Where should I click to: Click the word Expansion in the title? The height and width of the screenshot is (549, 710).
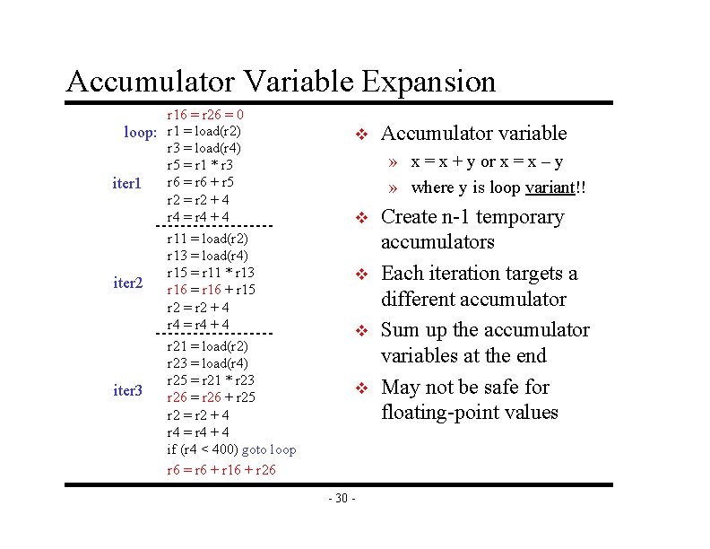(429, 82)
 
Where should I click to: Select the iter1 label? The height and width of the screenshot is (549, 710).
(127, 183)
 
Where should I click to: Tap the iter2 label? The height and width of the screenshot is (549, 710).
(127, 283)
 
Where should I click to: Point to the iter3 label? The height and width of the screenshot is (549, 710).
(127, 389)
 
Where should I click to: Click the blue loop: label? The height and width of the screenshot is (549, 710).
(141, 132)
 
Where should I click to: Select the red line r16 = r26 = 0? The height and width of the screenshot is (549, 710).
(206, 115)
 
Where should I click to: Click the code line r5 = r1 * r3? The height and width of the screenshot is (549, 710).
(200, 165)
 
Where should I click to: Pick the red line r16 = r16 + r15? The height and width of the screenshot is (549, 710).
(211, 290)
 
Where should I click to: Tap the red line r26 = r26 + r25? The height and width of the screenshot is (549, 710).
(211, 396)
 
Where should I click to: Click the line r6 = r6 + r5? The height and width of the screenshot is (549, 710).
(200, 183)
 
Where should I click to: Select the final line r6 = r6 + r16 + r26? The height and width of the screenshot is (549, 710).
(221, 469)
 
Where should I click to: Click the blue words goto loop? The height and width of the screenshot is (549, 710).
(269, 449)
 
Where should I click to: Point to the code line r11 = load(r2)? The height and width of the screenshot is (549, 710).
(207, 239)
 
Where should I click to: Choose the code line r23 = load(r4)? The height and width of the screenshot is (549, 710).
(207, 363)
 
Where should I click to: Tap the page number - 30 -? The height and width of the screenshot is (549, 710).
(342, 499)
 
